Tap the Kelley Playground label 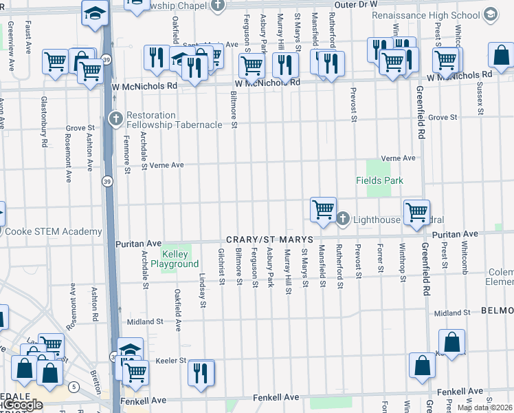pyautogui.click(x=180, y=260)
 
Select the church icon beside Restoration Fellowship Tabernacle pyautogui.click(x=115, y=119)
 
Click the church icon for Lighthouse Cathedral pyautogui.click(x=344, y=219)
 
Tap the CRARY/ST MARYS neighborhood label pyautogui.click(x=267, y=238)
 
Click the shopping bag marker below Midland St pyautogui.click(x=451, y=342)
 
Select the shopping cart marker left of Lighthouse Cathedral pyautogui.click(x=322, y=209)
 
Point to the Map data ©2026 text pyautogui.click(x=484, y=407)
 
